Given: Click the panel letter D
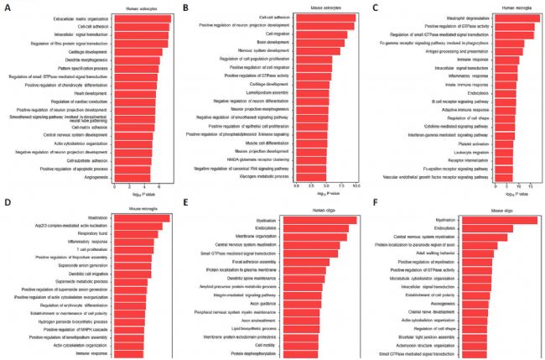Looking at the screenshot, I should pyautogui.click(x=6, y=202).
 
